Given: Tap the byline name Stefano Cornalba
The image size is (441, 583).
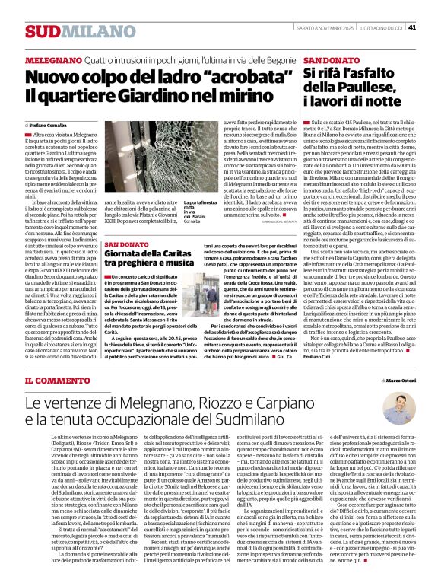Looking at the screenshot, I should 49,123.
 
